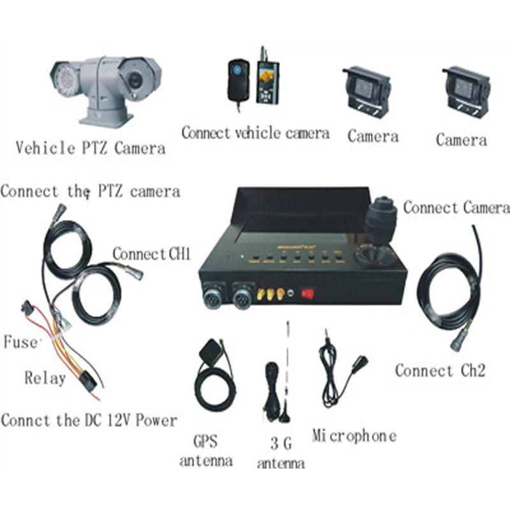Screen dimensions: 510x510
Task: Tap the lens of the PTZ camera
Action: (x=135, y=80)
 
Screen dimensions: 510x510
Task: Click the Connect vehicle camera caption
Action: (x=255, y=133)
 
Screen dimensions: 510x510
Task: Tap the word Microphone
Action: (x=354, y=436)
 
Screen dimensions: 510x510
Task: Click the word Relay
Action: (x=45, y=377)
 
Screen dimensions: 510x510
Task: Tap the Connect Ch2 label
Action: (x=440, y=370)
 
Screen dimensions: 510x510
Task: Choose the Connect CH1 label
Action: (x=152, y=254)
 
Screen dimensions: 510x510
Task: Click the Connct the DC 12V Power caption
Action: (x=89, y=420)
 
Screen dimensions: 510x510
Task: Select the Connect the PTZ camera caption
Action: (x=90, y=191)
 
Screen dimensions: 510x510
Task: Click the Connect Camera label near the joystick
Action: (x=456, y=208)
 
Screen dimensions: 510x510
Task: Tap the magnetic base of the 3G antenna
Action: (x=282, y=416)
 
